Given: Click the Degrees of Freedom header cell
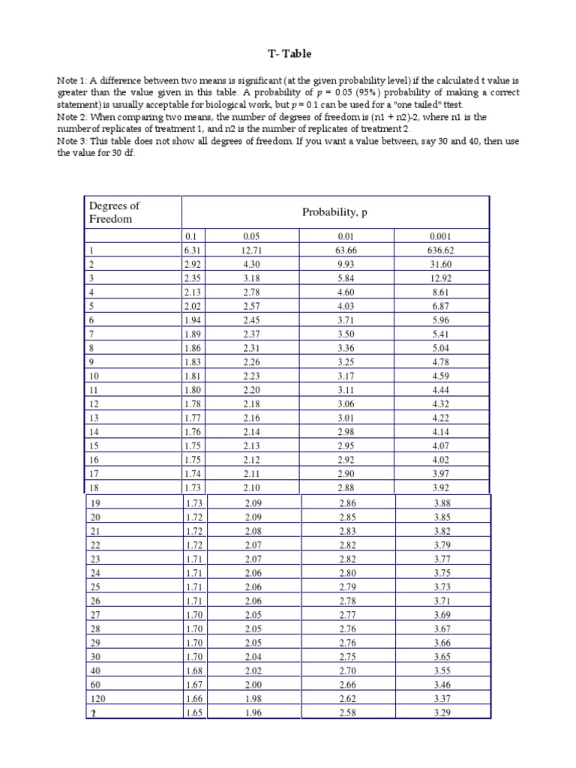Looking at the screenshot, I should (x=115, y=212).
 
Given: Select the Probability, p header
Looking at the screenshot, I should (x=334, y=212).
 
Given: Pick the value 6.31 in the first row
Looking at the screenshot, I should (x=193, y=251).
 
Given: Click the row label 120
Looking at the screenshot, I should (x=97, y=698).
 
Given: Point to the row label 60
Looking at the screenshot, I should (x=94, y=683).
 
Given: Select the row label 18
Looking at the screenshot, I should (x=94, y=487).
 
